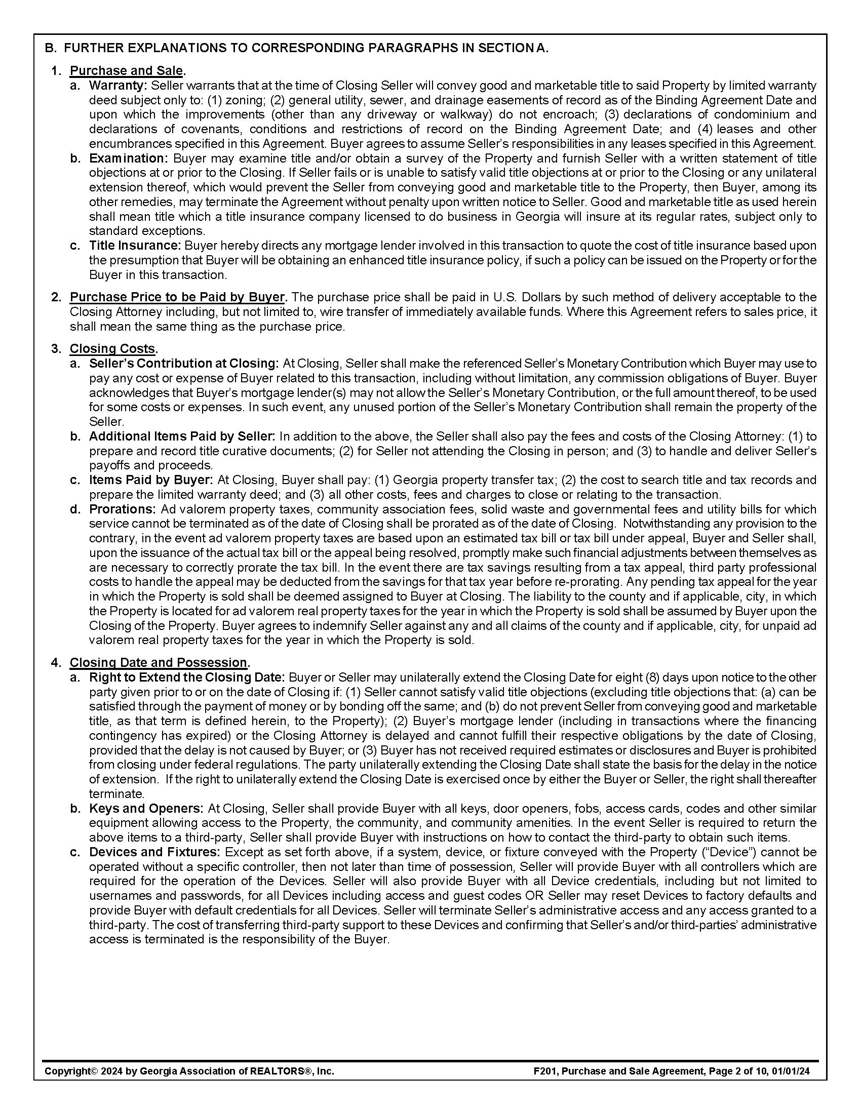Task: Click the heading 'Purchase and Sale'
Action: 126,70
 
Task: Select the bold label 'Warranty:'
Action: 118,85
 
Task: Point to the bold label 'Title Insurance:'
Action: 135,246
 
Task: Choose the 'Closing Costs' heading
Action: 112,348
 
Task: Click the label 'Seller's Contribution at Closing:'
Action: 184,363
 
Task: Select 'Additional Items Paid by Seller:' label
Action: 182,436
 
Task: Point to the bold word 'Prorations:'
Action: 122,509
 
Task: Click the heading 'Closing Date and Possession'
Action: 158,662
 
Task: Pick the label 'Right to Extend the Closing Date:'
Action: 187,678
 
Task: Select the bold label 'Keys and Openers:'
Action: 146,809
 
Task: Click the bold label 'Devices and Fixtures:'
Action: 154,852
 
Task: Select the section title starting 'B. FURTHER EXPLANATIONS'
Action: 296,48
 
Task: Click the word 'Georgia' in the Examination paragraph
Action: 537,217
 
